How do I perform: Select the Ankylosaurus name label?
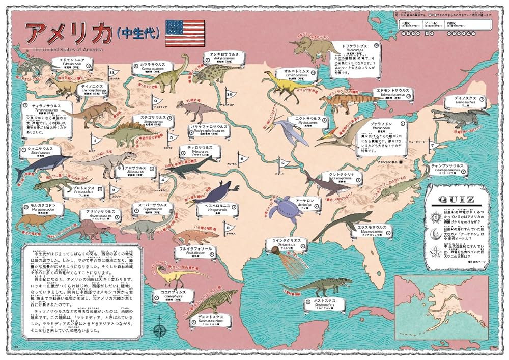(x=221, y=57)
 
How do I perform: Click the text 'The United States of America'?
(x=68, y=49)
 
